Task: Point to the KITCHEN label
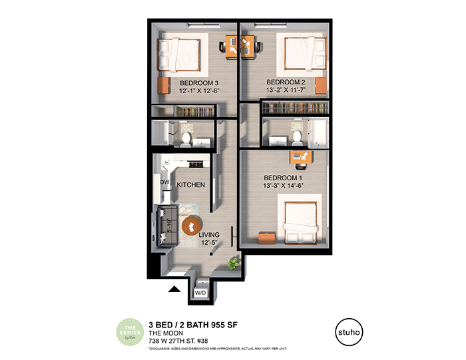tap(190, 184)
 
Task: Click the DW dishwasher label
tap(164, 182)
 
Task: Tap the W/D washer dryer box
tap(200, 291)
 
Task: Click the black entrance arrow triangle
tap(174, 289)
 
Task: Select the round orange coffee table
tap(191, 227)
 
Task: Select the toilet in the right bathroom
tap(298, 138)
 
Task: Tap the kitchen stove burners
tap(196, 164)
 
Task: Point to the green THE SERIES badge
tap(132, 331)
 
